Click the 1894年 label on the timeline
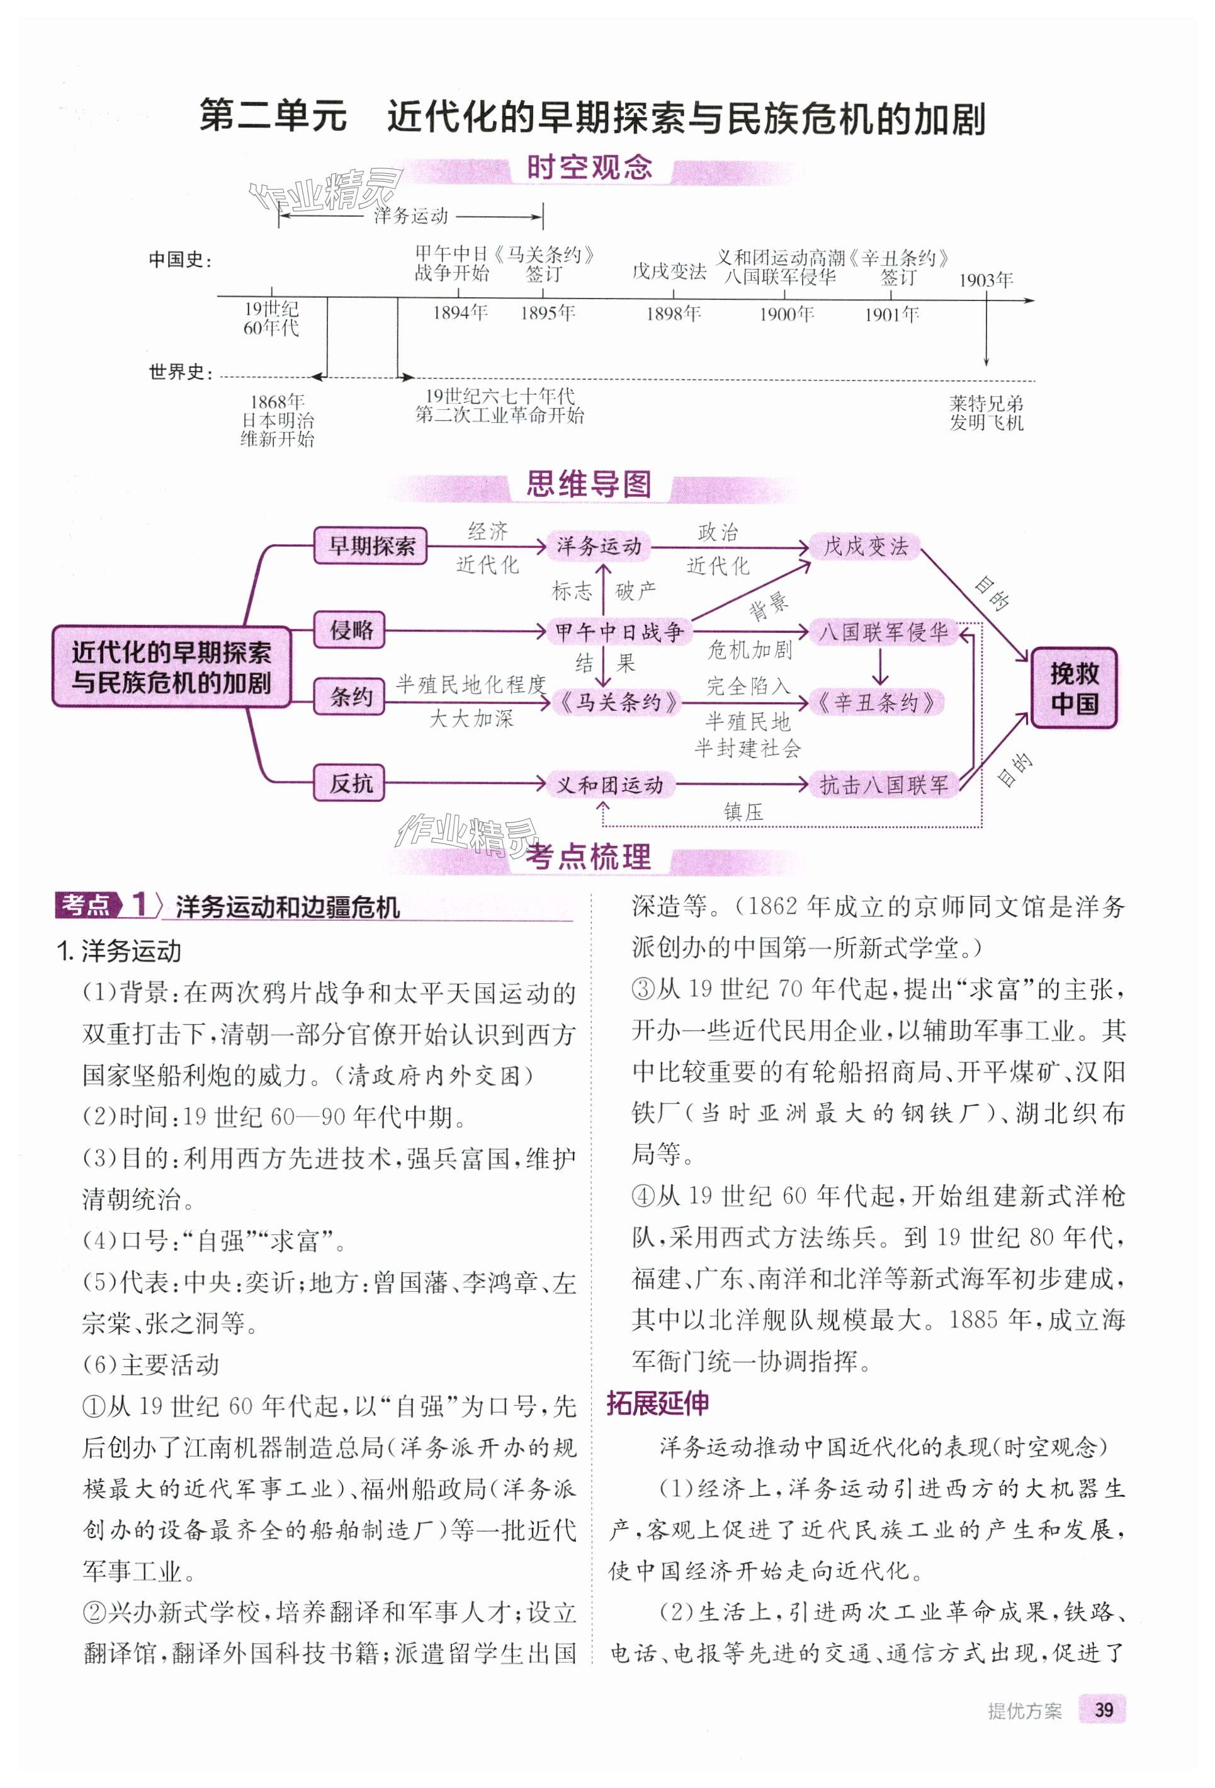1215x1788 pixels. click(x=460, y=312)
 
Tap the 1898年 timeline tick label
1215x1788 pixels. click(x=673, y=314)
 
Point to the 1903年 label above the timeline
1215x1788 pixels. click(x=985, y=280)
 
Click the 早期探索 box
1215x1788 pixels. click(x=371, y=546)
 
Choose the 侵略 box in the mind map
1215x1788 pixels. click(x=350, y=630)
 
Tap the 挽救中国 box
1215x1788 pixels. click(x=1073, y=688)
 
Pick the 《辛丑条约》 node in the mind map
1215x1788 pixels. click(x=875, y=702)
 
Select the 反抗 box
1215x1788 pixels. click(x=350, y=784)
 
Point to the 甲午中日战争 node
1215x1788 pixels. click(x=619, y=632)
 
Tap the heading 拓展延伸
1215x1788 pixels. click(x=657, y=1403)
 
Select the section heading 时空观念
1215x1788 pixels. click(x=589, y=168)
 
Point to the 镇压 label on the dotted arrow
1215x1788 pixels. click(x=743, y=812)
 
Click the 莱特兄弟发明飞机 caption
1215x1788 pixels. click(x=986, y=413)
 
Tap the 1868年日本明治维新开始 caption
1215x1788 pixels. click(x=277, y=420)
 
